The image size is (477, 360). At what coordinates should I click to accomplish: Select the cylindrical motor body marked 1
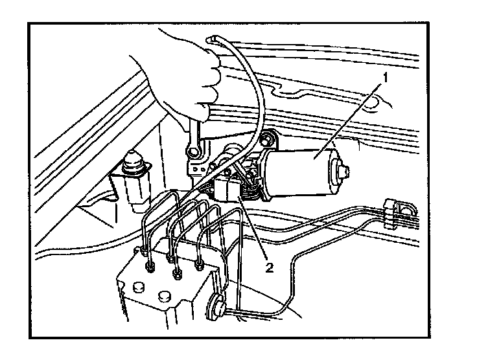point(305,170)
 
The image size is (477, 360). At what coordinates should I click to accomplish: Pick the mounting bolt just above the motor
point(266,139)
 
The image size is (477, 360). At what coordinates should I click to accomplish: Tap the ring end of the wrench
point(193,153)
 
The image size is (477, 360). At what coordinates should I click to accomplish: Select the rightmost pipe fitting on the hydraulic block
point(200,265)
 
